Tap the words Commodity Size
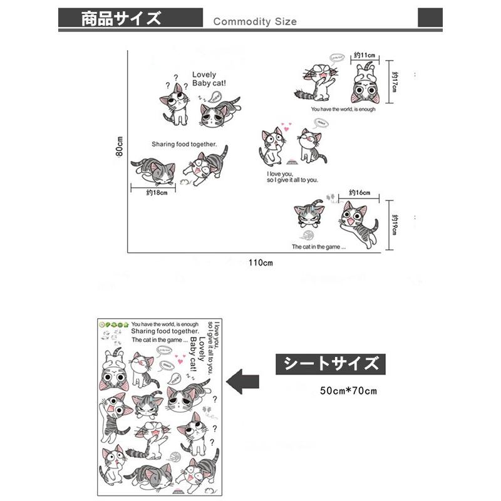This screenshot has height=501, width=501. (255, 21)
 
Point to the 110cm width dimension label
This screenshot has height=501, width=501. (261, 262)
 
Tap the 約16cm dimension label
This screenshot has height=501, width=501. (359, 192)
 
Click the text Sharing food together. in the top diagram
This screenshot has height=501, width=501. (184, 144)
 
